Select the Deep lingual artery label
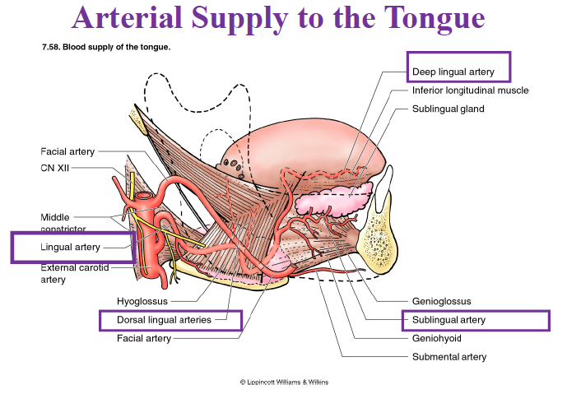coord(453,72)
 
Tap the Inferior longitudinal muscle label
coord(470,90)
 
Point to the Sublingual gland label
coord(448,109)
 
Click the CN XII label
coord(55,168)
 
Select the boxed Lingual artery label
coord(70,247)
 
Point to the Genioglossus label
coord(441,302)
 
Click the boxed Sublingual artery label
coord(448,320)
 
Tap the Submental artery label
coord(448,357)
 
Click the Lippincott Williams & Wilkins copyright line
coord(284,382)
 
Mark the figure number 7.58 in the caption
coord(51,46)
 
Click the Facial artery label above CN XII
coord(67,151)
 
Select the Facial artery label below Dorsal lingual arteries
coord(143,338)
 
